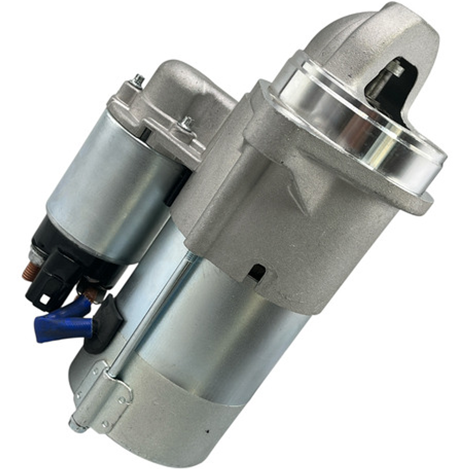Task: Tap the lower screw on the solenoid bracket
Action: (187, 123)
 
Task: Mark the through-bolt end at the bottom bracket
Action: (77, 424)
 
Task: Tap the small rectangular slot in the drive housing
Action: (257, 273)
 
